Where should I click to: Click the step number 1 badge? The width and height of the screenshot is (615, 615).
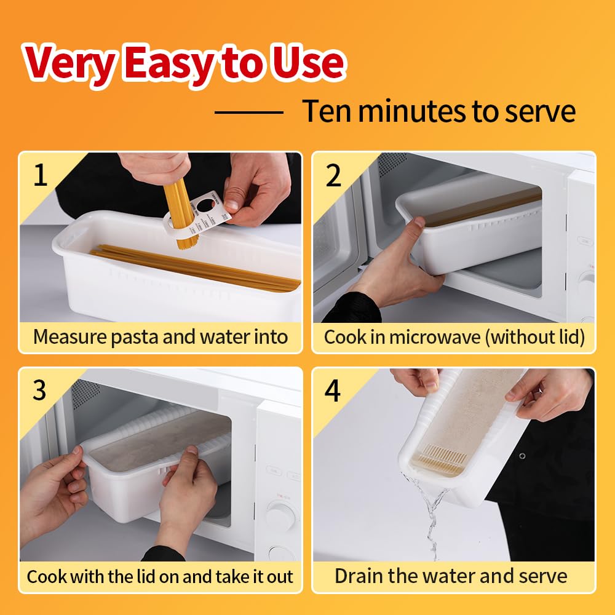tap(40, 175)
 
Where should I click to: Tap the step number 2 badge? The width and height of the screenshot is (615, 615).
tap(333, 176)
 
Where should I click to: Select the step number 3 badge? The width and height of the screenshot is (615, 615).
tap(39, 391)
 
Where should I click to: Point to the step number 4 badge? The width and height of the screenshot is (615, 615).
tap(333, 391)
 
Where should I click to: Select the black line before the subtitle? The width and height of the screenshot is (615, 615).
tap(248, 112)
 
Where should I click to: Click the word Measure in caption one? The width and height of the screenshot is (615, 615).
tap(71, 337)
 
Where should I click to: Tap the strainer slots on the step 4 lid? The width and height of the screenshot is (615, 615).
tap(442, 459)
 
